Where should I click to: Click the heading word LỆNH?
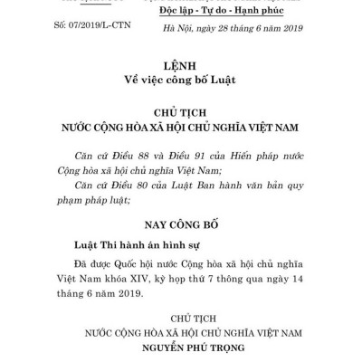181,68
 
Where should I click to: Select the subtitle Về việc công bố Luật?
181,82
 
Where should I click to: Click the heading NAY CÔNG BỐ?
181,223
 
